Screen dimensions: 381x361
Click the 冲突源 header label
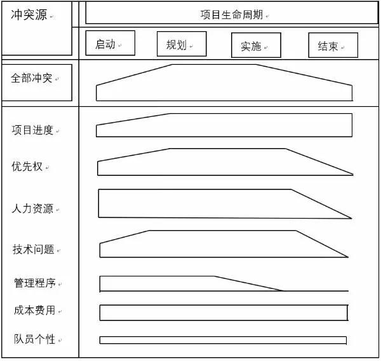coord(29,15)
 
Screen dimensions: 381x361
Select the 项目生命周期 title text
coord(232,15)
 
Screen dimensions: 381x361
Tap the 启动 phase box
coord(110,43)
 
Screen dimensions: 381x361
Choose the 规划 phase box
coord(182,44)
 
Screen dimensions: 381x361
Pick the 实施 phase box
coord(256,45)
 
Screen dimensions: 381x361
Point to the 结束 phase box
coord(333,45)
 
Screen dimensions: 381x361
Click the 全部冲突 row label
coord(31,78)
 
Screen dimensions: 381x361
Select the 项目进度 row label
coord(32,130)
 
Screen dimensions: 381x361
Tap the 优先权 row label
coord(27,167)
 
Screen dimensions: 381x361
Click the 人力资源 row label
coord(32,208)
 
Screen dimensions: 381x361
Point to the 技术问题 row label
coord(34,249)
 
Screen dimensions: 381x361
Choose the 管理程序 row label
coord(35,283)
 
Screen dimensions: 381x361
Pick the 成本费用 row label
coord(34,310)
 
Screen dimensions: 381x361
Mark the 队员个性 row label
coord(34,339)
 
